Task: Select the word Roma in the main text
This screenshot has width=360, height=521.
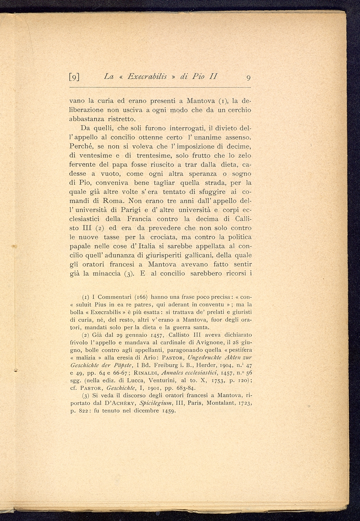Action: coord(114,201)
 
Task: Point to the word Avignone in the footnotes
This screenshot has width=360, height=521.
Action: coord(207,342)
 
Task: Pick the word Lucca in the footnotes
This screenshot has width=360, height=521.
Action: coord(132,381)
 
